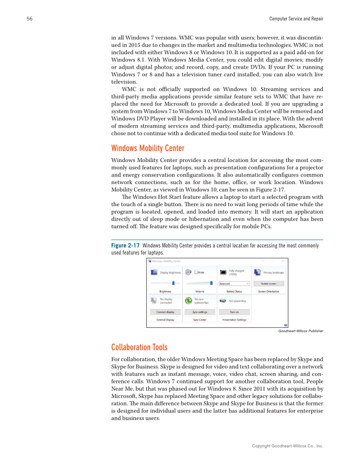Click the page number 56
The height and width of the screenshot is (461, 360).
pyautogui.click(x=29, y=19)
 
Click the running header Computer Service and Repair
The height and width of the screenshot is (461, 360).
pyautogui.click(x=296, y=19)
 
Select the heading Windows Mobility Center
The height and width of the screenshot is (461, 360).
pyautogui.click(x=148, y=148)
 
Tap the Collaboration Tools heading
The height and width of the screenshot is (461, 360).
pyautogui.click(x=139, y=347)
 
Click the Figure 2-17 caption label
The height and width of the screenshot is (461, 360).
pyautogui.click(x=125, y=246)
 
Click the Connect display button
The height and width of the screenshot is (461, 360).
pyautogui.click(x=165, y=312)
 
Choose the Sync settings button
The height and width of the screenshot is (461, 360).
pyautogui.click(x=200, y=312)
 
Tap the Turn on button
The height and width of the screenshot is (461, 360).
pyautogui.click(x=234, y=312)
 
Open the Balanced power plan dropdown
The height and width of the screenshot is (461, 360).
pyautogui.click(x=234, y=283)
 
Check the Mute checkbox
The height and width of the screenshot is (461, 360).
pyautogui.click(x=196, y=272)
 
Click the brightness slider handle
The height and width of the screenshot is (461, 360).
pyautogui.click(x=173, y=283)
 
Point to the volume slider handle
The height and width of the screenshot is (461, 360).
pyautogui.click(x=211, y=283)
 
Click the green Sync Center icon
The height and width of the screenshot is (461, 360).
pyautogui.click(x=188, y=301)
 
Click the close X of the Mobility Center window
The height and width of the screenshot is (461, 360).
pyautogui.click(x=283, y=261)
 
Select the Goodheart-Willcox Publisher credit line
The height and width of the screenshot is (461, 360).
pyautogui.click(x=301, y=331)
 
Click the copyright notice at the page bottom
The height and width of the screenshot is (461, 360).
pyautogui.click(x=287, y=446)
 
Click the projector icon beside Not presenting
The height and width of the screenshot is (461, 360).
pyautogui.click(x=223, y=301)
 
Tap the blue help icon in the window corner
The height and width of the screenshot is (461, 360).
pyautogui.click(x=285, y=325)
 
